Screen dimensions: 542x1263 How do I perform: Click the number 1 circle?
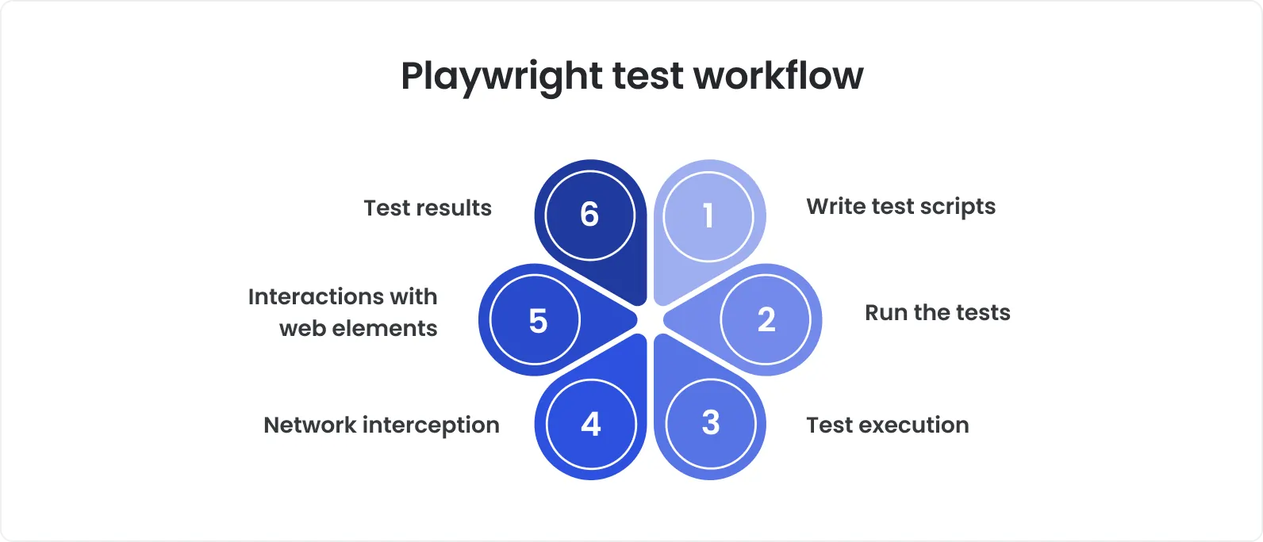tap(708, 216)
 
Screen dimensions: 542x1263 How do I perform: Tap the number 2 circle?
tap(766, 319)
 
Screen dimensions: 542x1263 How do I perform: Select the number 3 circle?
tap(711, 423)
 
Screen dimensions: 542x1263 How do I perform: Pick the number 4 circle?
tap(591, 424)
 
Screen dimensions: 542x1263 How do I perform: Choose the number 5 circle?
tap(536, 321)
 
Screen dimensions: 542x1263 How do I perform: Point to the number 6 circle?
tap(589, 214)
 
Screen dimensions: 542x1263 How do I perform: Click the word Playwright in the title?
tap(501, 77)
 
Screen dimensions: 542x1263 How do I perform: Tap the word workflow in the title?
tap(778, 76)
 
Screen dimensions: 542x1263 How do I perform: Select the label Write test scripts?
tap(900, 207)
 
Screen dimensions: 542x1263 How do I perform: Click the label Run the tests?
tap(937, 313)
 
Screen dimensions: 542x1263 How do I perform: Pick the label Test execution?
tap(887, 426)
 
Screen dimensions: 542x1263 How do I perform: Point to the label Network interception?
tap(381, 426)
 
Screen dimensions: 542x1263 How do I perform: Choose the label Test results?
tap(427, 208)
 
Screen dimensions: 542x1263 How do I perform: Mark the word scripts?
tap(958, 207)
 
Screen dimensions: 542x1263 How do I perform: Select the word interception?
tap(431, 426)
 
